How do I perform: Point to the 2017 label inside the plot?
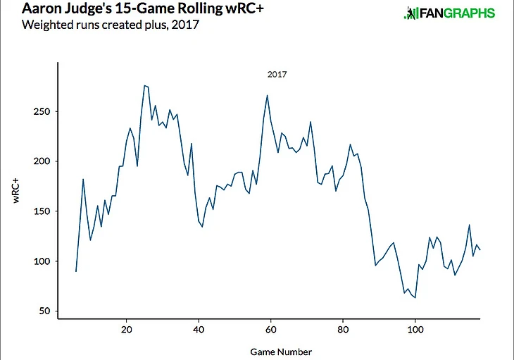[277, 73]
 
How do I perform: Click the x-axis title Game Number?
[280, 351]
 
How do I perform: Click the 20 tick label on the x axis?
[126, 329]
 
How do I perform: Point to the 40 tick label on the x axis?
[199, 329]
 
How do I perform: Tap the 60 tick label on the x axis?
[271, 329]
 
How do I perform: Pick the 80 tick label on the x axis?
[343, 329]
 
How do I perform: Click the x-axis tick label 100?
[415, 329]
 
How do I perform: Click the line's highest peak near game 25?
[144, 86]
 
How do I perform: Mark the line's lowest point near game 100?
[415, 297]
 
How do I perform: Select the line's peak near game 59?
[267, 95]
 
